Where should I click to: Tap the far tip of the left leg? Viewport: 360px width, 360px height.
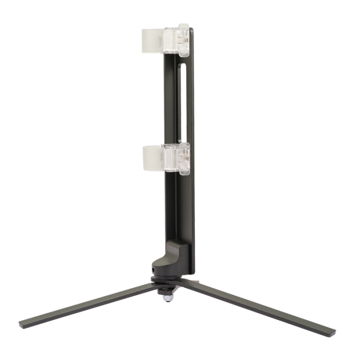coord(22,325)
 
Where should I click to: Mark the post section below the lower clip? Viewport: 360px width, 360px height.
coord(177,211)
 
